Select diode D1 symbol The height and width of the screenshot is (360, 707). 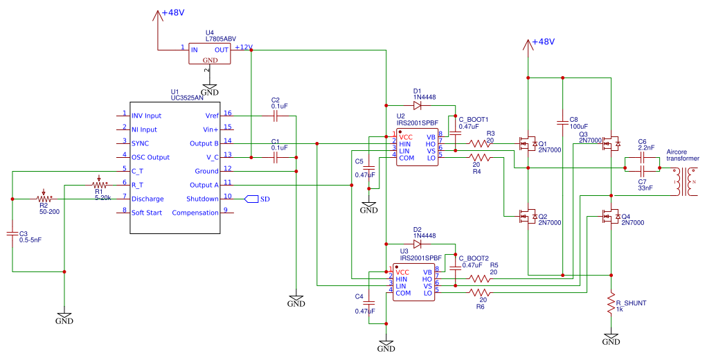(x=418, y=105)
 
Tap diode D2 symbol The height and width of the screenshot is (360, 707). (x=418, y=244)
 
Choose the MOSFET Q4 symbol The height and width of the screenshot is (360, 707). (x=610, y=217)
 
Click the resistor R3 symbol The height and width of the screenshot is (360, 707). (x=481, y=144)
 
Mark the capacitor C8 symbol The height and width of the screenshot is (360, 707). (x=562, y=118)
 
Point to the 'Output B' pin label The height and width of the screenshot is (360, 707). (x=204, y=143)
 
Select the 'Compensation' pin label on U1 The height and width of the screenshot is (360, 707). (x=192, y=213)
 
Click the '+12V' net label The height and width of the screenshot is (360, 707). (x=243, y=47)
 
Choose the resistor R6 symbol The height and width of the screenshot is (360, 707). (x=481, y=293)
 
